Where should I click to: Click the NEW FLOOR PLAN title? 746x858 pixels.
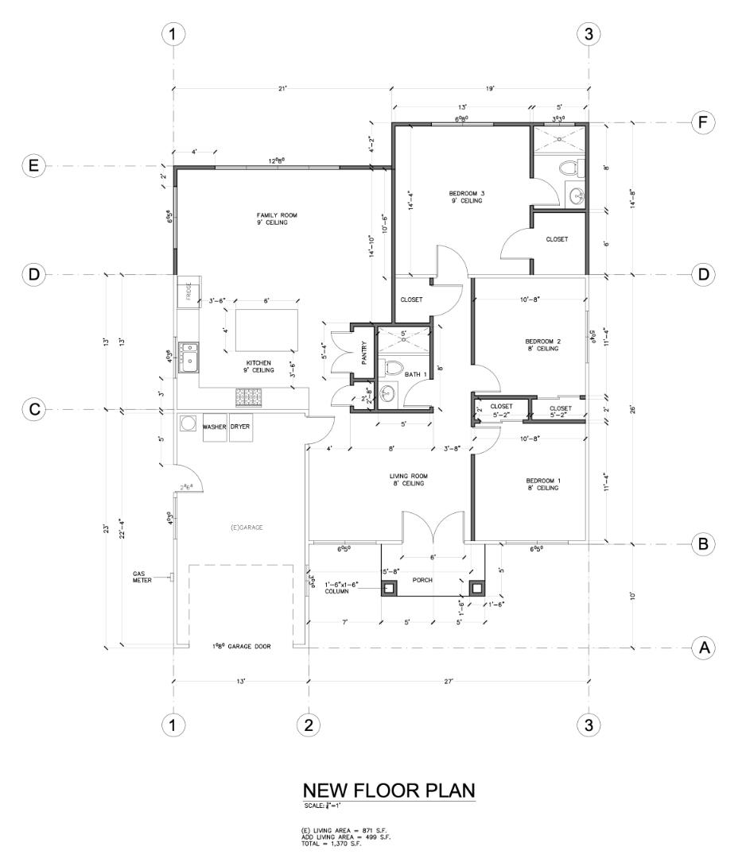click(389, 790)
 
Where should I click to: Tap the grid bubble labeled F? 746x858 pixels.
click(702, 122)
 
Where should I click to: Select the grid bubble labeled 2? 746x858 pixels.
click(309, 725)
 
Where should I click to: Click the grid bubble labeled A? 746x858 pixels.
click(702, 647)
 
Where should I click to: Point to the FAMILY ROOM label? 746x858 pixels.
click(271, 219)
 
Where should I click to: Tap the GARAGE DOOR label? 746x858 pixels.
click(241, 647)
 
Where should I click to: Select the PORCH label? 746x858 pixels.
click(422, 580)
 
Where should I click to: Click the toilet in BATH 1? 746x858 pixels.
click(392, 367)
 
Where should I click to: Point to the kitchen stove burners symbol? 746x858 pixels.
click(248, 396)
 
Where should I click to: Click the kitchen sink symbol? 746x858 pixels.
click(189, 357)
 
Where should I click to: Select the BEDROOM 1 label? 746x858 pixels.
click(542, 485)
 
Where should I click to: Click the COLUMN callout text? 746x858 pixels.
click(341, 589)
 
